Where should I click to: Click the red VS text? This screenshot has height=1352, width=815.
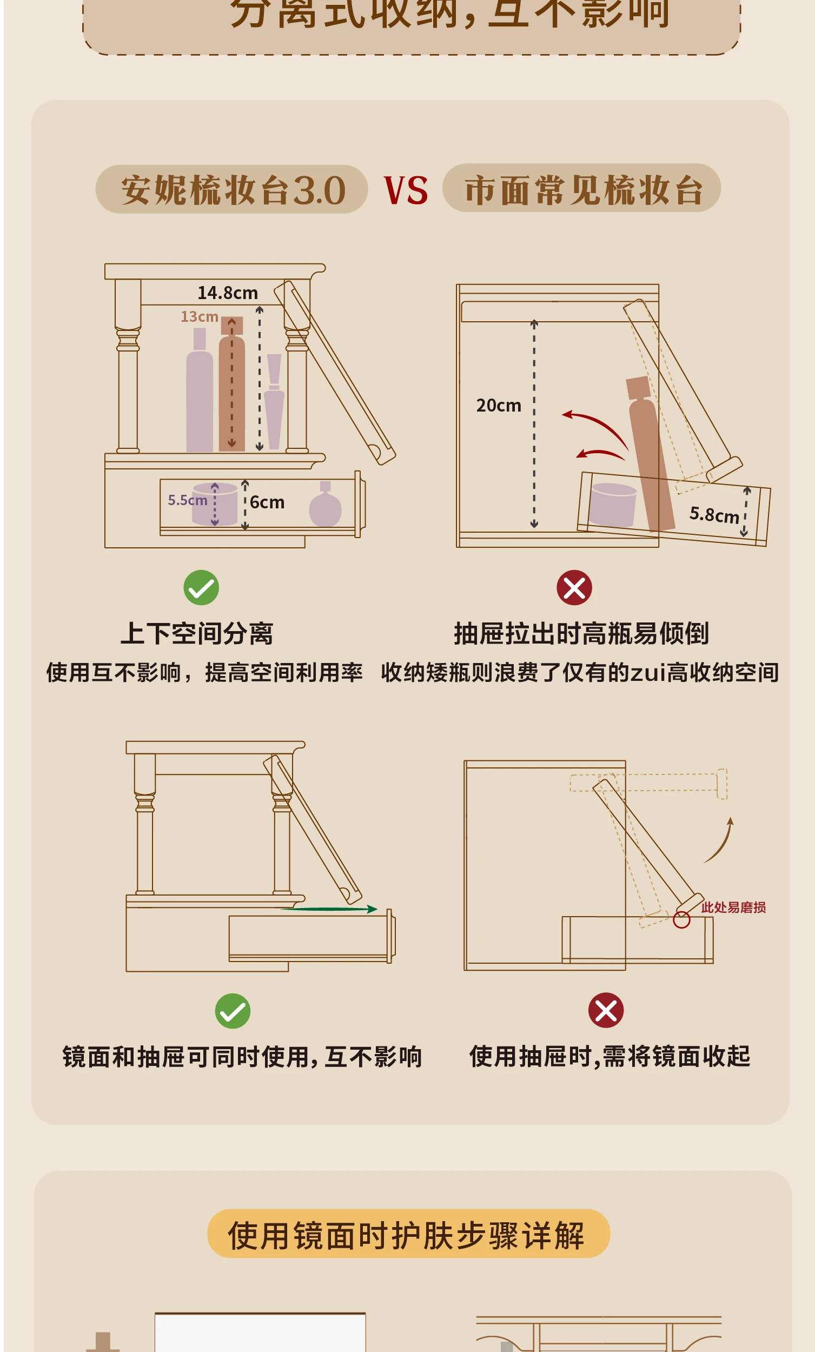(x=406, y=190)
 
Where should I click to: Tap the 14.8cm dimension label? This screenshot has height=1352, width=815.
(x=227, y=293)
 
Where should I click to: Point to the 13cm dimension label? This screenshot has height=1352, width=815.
(x=199, y=316)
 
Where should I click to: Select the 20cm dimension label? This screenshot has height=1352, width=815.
(x=498, y=406)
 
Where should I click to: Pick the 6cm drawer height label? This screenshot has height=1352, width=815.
(x=267, y=502)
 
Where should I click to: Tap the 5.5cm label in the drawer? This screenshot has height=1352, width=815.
(x=187, y=500)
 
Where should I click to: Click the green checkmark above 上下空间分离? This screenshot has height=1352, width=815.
(x=201, y=588)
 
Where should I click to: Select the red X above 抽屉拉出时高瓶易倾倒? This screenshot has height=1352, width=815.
(x=574, y=588)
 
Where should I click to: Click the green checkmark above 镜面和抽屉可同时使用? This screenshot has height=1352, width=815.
(x=233, y=1011)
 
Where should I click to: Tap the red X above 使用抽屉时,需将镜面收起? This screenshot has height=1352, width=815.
(x=606, y=1010)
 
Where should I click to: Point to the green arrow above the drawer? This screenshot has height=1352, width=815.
(x=329, y=909)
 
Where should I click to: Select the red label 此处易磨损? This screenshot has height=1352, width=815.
(x=733, y=907)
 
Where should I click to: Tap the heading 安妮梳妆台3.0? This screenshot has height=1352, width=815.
(x=233, y=190)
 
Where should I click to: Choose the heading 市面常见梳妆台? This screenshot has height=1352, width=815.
(x=583, y=189)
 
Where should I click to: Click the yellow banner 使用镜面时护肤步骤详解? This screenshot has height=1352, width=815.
(x=408, y=1236)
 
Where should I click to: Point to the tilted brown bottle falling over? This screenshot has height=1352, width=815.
(x=651, y=455)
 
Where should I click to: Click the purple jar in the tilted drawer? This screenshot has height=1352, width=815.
(x=612, y=504)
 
